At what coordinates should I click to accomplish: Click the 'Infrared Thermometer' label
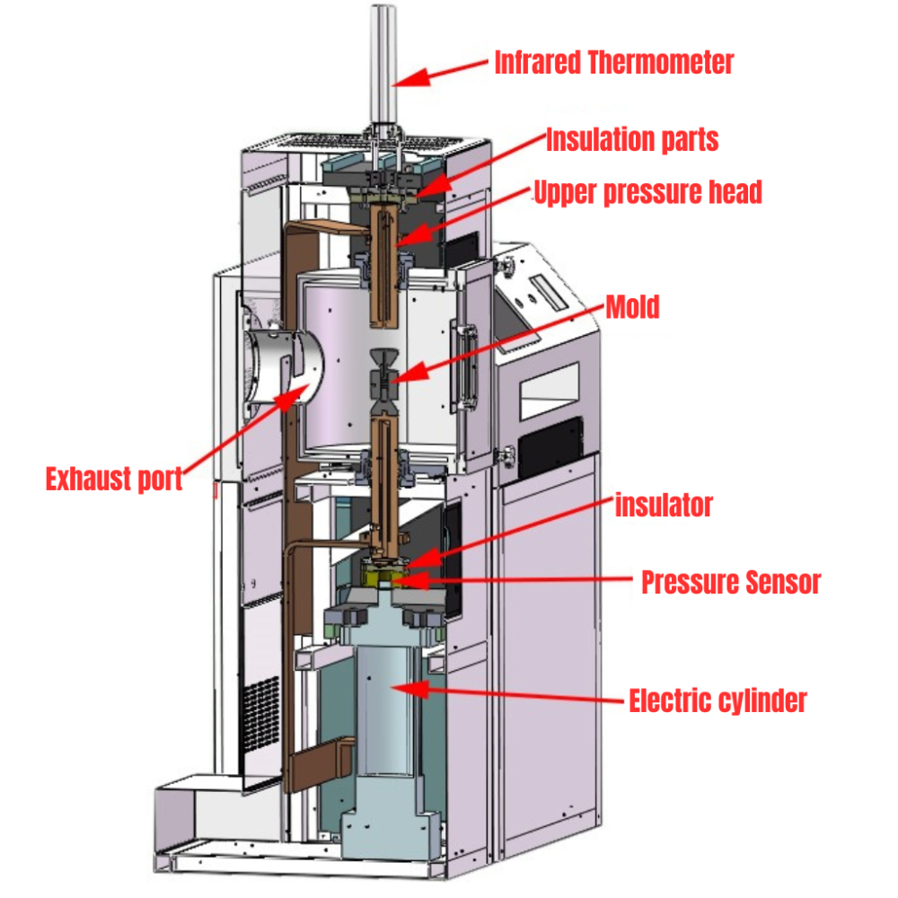(614, 63)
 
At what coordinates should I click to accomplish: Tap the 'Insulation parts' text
(632, 140)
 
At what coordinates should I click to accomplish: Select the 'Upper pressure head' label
(647, 192)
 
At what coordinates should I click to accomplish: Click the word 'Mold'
(632, 307)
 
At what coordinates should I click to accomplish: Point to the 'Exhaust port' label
(114, 479)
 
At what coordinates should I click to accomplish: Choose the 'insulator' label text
(664, 506)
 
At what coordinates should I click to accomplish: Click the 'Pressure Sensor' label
(730, 583)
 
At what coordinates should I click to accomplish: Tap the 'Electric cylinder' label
(718, 700)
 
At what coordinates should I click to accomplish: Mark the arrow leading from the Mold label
(503, 344)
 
